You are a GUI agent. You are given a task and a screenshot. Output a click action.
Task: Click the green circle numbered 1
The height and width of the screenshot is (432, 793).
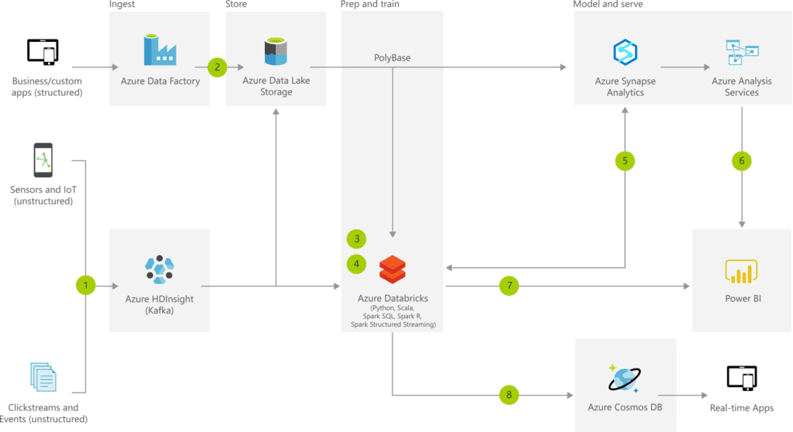point(86,286)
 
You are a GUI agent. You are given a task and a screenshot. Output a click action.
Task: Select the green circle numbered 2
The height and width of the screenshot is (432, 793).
point(217,67)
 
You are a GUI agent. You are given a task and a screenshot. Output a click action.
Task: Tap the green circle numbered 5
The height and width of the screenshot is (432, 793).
point(625,161)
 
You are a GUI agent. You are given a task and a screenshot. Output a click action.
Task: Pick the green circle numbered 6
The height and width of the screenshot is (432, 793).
point(741,161)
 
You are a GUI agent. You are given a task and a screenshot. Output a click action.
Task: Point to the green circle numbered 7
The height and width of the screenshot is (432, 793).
point(509,286)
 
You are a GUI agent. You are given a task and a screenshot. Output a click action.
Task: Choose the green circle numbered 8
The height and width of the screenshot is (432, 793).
point(509,395)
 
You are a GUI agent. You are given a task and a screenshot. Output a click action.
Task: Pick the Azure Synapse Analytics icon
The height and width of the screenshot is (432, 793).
point(624,52)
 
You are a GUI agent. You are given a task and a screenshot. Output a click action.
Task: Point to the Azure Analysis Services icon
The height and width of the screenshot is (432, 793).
point(741,52)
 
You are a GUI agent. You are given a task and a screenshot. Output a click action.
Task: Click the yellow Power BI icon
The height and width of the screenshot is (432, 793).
point(740,271)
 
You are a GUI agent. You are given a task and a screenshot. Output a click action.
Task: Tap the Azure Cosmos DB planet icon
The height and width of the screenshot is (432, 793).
point(624,379)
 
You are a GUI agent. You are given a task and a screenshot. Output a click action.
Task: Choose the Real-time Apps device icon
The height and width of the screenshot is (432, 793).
point(741,379)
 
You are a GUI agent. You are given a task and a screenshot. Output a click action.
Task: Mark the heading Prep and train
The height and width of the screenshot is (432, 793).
point(370,5)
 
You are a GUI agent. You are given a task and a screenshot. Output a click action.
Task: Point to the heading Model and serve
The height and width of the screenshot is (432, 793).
point(607,5)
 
